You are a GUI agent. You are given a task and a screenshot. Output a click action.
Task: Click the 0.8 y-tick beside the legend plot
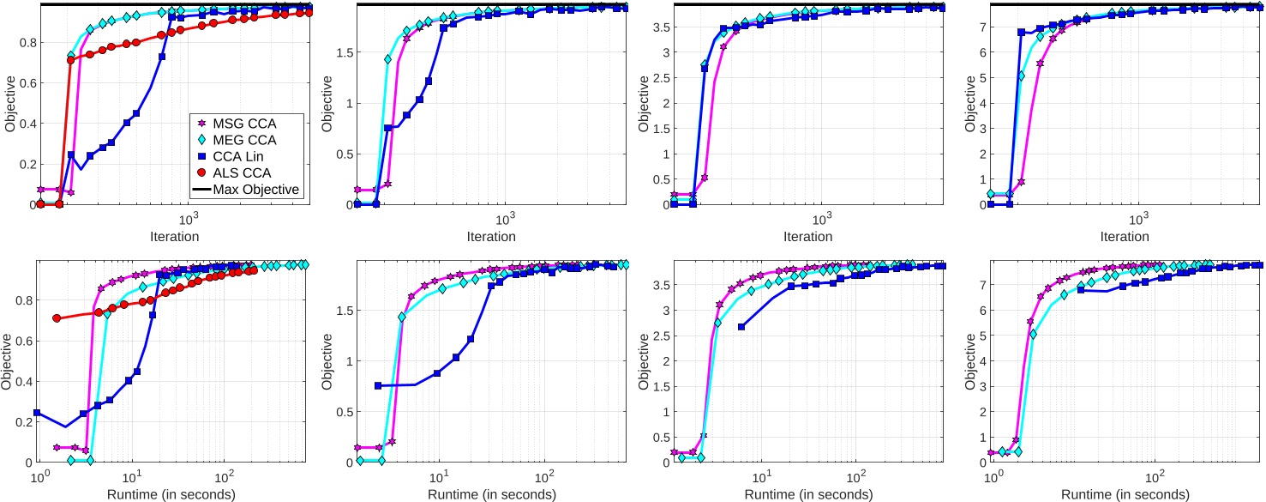[22, 42]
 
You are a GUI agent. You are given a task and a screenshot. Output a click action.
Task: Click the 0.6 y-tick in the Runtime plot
[22, 341]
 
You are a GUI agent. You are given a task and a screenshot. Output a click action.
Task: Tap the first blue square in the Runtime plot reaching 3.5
[741, 327]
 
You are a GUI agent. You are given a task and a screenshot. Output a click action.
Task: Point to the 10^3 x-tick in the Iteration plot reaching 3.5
[822, 220]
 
